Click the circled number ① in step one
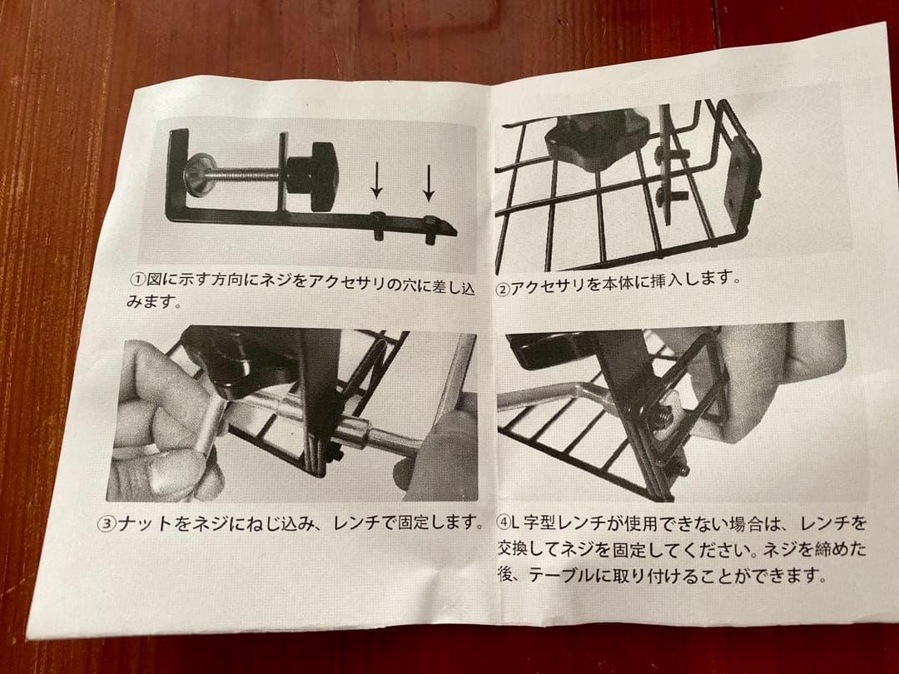[x=138, y=279]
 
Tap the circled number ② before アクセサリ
[x=503, y=290]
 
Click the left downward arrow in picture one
[x=376, y=181]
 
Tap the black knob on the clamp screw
[x=313, y=176]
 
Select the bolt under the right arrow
[x=431, y=230]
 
